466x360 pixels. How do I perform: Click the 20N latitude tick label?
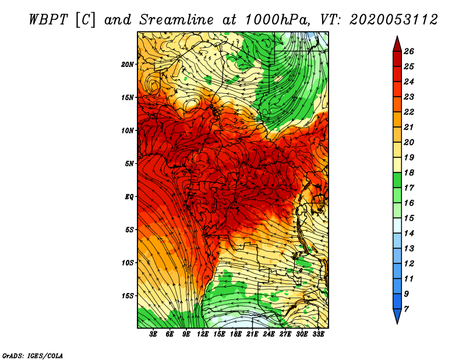point(128,64)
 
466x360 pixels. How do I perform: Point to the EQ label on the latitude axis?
point(129,196)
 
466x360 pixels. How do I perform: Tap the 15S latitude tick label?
point(128,295)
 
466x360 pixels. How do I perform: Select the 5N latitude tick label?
point(129,163)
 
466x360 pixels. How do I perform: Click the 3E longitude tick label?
point(153,334)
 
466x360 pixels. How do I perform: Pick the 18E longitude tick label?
point(235,334)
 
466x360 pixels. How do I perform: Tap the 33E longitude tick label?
point(318,334)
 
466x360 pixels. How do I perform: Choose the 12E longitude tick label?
point(202,334)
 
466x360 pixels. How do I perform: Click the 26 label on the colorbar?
point(409,51)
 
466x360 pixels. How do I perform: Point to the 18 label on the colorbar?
point(409,172)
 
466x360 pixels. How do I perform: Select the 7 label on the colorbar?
point(406,309)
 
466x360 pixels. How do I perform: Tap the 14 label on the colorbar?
point(409,234)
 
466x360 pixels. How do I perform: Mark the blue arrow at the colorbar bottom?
point(397,315)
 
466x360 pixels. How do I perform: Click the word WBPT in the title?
point(48,20)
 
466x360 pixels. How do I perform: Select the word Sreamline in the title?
point(176,20)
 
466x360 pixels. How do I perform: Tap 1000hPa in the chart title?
point(278,20)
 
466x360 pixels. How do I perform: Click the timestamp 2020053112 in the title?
point(394,20)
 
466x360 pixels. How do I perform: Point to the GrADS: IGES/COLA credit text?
point(33,355)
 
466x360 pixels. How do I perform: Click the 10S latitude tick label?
point(128,263)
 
